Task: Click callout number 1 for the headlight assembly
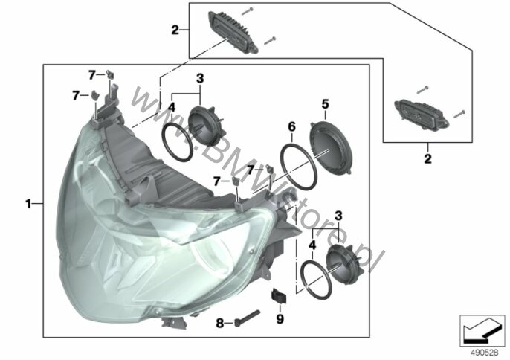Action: [28, 204]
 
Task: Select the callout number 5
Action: [326, 104]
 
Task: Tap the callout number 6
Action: [291, 127]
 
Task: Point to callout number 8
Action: [220, 324]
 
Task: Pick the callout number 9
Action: [280, 319]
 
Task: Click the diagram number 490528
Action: [485, 353]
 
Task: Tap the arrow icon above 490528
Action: [482, 331]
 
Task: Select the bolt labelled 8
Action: [247, 318]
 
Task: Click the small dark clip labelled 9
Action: [279, 296]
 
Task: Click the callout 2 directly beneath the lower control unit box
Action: [427, 159]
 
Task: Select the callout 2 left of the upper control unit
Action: [175, 30]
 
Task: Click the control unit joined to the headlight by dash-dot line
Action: [233, 32]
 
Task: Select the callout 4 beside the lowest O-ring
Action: [312, 245]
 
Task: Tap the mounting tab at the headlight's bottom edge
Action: [174, 322]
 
